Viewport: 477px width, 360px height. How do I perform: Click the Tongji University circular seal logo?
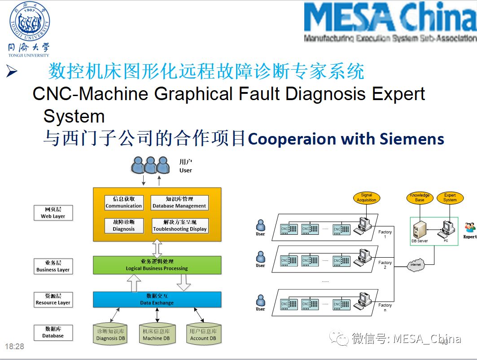[x=30, y=22]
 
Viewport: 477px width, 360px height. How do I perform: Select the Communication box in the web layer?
[x=124, y=202]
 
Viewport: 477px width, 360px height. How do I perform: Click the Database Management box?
[x=179, y=202]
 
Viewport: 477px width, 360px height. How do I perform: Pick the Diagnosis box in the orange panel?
[x=124, y=225]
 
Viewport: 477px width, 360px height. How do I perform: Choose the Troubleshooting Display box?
[x=179, y=225]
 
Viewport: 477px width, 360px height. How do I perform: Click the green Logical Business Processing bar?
[x=157, y=265]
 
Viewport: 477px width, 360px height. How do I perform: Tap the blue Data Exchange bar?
[x=157, y=299]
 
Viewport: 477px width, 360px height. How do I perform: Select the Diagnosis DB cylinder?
[x=111, y=335]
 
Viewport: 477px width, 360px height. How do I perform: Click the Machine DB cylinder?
[x=156, y=335]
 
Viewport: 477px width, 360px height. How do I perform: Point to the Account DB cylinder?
[x=203, y=335]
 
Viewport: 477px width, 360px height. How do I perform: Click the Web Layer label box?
[x=53, y=213]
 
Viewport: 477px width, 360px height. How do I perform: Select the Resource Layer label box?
[x=53, y=299]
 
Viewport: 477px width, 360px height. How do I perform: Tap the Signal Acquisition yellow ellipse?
[x=367, y=198]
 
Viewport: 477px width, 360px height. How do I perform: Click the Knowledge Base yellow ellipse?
[x=420, y=198]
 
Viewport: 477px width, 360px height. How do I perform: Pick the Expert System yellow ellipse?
[x=450, y=198]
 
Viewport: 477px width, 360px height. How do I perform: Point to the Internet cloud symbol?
[x=416, y=265]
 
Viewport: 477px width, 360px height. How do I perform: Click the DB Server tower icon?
[x=419, y=230]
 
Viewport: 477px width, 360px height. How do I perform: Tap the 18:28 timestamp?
[x=14, y=347]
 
